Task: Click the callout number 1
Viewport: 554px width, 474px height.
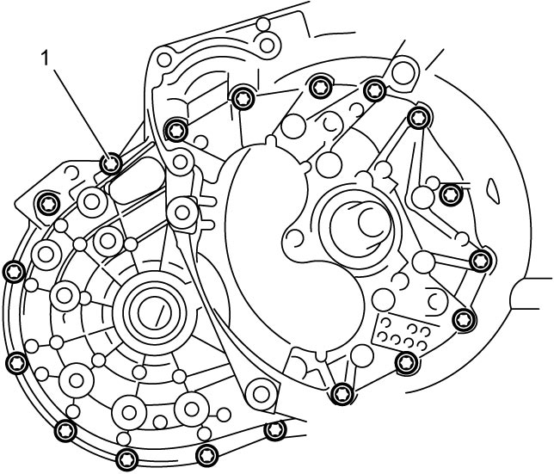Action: pyautogui.click(x=45, y=58)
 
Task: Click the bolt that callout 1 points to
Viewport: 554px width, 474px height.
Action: pyautogui.click(x=111, y=163)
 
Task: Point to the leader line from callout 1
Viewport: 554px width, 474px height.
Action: pyautogui.click(x=80, y=113)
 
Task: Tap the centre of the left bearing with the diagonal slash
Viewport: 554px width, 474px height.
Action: pyautogui.click(x=155, y=313)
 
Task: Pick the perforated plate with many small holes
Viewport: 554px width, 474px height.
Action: pyautogui.click(x=403, y=331)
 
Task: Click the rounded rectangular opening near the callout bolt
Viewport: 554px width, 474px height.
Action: pyautogui.click(x=137, y=180)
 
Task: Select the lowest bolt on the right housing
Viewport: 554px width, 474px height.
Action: pyautogui.click(x=342, y=393)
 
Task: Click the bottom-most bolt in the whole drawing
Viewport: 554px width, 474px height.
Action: pyautogui.click(x=126, y=459)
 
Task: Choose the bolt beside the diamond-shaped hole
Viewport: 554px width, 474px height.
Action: pyautogui.click(x=451, y=194)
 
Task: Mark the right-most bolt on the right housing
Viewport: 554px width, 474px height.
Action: pyautogui.click(x=481, y=261)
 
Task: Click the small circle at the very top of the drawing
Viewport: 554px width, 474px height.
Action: pyautogui.click(x=263, y=24)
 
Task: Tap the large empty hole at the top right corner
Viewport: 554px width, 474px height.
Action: pyautogui.click(x=403, y=73)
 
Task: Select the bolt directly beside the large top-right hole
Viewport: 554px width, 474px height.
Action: pyautogui.click(x=374, y=91)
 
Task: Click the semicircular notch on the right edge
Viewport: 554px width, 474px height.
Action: pyautogui.click(x=514, y=293)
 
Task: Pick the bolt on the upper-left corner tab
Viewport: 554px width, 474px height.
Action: pyautogui.click(x=48, y=203)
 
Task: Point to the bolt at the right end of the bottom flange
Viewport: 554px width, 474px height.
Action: pyautogui.click(x=274, y=430)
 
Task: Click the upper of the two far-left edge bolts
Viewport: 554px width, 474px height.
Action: pyautogui.click(x=14, y=272)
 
